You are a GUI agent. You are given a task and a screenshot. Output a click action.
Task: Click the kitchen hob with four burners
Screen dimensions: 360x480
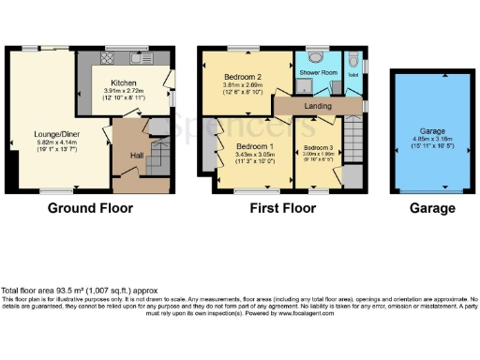click(96, 59)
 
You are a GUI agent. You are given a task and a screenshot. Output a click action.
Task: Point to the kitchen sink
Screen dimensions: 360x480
click(140, 59)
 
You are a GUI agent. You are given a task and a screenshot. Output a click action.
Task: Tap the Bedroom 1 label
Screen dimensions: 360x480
click(254, 147)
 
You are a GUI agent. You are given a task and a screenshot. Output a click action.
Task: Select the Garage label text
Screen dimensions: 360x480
click(432, 131)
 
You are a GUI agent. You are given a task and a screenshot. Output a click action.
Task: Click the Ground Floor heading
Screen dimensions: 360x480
click(90, 208)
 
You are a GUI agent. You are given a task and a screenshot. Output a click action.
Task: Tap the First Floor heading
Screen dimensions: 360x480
click(281, 208)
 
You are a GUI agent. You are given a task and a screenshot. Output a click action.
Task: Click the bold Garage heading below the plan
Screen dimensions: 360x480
click(432, 208)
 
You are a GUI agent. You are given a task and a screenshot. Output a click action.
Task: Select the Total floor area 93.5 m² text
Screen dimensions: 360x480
click(56, 290)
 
